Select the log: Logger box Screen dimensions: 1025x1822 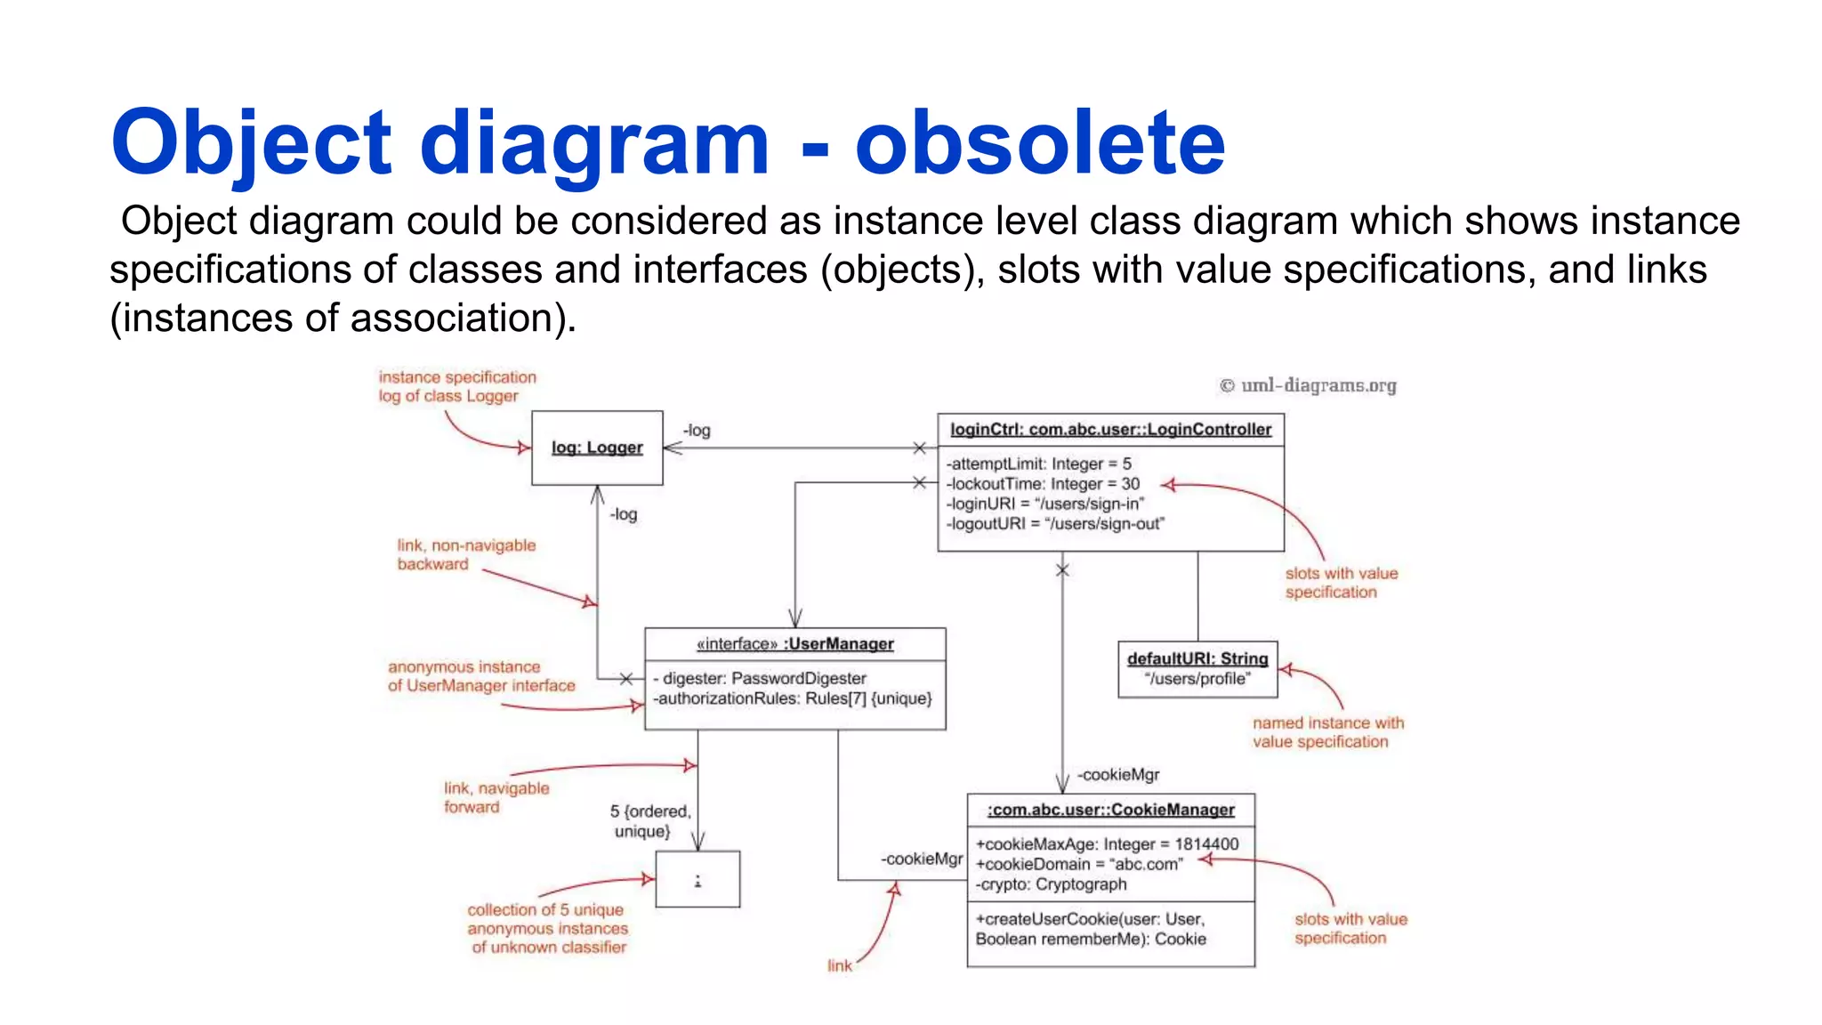coord(597,448)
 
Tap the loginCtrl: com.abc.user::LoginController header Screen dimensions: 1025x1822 coord(1110,430)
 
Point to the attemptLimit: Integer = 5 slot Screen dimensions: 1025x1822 coord(1038,464)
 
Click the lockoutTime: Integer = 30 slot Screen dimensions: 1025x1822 coord(1042,484)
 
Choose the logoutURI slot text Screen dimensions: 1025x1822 coord(1054,524)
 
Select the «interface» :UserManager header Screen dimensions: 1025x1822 coord(794,644)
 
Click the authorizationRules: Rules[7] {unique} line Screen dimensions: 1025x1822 coord(793,699)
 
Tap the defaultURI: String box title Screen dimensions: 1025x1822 coord(1197,658)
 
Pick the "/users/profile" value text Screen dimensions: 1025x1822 coord(1197,679)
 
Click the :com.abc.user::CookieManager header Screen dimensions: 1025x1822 coord(1110,810)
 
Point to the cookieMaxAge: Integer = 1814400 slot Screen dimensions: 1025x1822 coord(1107,844)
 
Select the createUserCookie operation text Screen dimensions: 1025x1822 coord(1091,929)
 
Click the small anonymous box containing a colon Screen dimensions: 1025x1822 coord(697,880)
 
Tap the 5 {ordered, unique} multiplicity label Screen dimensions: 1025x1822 coord(649,821)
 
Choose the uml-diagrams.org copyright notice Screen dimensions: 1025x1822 coord(1308,385)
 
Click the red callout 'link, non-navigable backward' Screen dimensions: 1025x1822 coord(466,554)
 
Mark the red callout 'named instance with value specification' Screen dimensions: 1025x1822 coord(1327,732)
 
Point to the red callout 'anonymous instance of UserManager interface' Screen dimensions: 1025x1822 coord(481,676)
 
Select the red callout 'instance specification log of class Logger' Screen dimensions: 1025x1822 coord(457,386)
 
